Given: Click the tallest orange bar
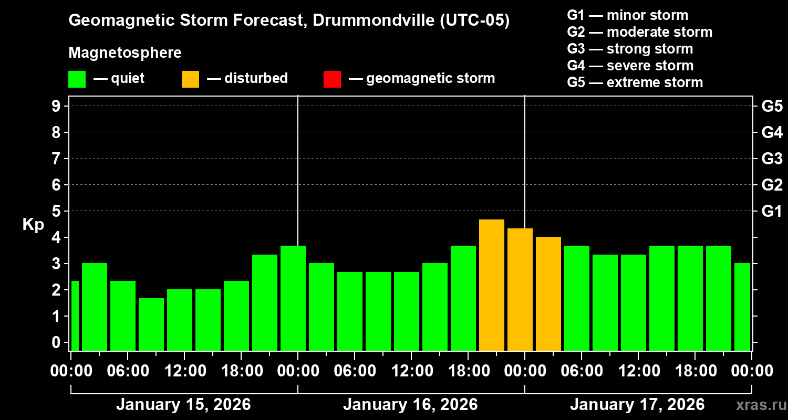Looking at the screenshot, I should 492,285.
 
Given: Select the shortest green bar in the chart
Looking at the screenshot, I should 151,324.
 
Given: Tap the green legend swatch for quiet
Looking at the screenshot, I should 77,79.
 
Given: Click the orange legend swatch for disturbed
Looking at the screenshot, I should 191,79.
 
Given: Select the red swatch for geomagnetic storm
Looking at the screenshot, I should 333,79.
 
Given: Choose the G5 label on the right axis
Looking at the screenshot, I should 772,106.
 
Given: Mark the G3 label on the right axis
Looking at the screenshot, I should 772,159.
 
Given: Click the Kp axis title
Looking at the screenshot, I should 33,225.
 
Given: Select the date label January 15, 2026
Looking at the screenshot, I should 183,405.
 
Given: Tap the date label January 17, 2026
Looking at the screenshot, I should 637,405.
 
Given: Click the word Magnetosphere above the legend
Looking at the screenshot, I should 125,53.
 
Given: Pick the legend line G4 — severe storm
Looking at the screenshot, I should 630,66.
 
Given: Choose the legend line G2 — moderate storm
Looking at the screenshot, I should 640,32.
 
